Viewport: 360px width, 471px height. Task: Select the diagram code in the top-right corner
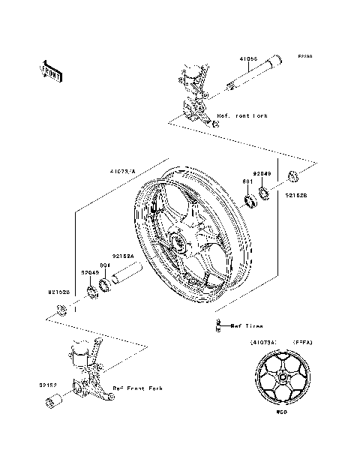tap(304, 56)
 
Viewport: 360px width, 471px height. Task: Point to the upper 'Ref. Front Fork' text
tap(241, 116)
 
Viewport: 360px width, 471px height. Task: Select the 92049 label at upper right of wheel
tap(262, 173)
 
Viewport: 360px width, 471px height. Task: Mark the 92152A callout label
tap(123, 256)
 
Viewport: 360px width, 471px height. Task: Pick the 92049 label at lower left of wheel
tap(90, 272)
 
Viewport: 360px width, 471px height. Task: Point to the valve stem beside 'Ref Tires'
tap(218, 325)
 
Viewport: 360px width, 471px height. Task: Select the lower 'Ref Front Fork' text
tap(137, 388)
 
